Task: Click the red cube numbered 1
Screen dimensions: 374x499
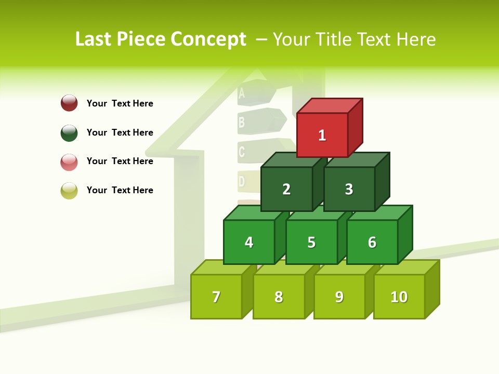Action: tap(322, 135)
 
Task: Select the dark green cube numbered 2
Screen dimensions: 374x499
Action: tap(286, 189)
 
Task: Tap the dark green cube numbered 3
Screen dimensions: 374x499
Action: tap(349, 189)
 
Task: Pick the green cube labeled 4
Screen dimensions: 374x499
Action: tap(249, 242)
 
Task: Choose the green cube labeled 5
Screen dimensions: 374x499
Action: tap(311, 242)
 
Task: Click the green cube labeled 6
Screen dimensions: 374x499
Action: tap(372, 242)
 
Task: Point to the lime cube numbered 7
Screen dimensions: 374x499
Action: tap(216, 297)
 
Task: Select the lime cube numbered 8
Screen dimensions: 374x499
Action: tap(279, 297)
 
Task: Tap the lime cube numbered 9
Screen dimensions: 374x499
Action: tap(339, 297)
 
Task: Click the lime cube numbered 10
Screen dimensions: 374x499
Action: tap(399, 297)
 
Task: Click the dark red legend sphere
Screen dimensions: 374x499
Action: tap(69, 103)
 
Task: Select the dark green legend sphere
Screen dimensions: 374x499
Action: tap(69, 132)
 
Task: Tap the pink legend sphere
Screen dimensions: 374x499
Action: tap(69, 162)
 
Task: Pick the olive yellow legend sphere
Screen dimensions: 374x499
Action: tap(69, 191)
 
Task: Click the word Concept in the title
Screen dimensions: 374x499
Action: tap(208, 39)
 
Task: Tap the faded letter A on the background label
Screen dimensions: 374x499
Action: tap(241, 94)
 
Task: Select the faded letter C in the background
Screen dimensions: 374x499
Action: tap(241, 152)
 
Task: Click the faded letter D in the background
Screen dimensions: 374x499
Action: tap(241, 181)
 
